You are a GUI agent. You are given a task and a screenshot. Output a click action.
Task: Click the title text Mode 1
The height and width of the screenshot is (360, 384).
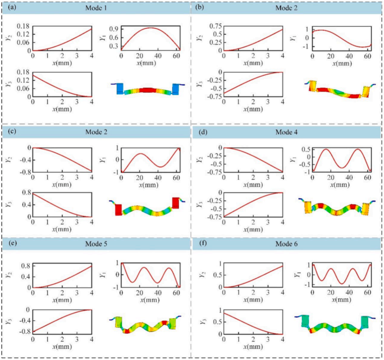[97, 7]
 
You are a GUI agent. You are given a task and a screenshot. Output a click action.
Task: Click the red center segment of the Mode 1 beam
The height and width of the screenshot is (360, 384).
[146, 90]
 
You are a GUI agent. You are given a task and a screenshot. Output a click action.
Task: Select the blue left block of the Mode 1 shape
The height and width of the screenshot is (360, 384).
[120, 88]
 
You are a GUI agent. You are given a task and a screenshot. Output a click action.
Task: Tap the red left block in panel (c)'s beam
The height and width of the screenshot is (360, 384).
[118, 210]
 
